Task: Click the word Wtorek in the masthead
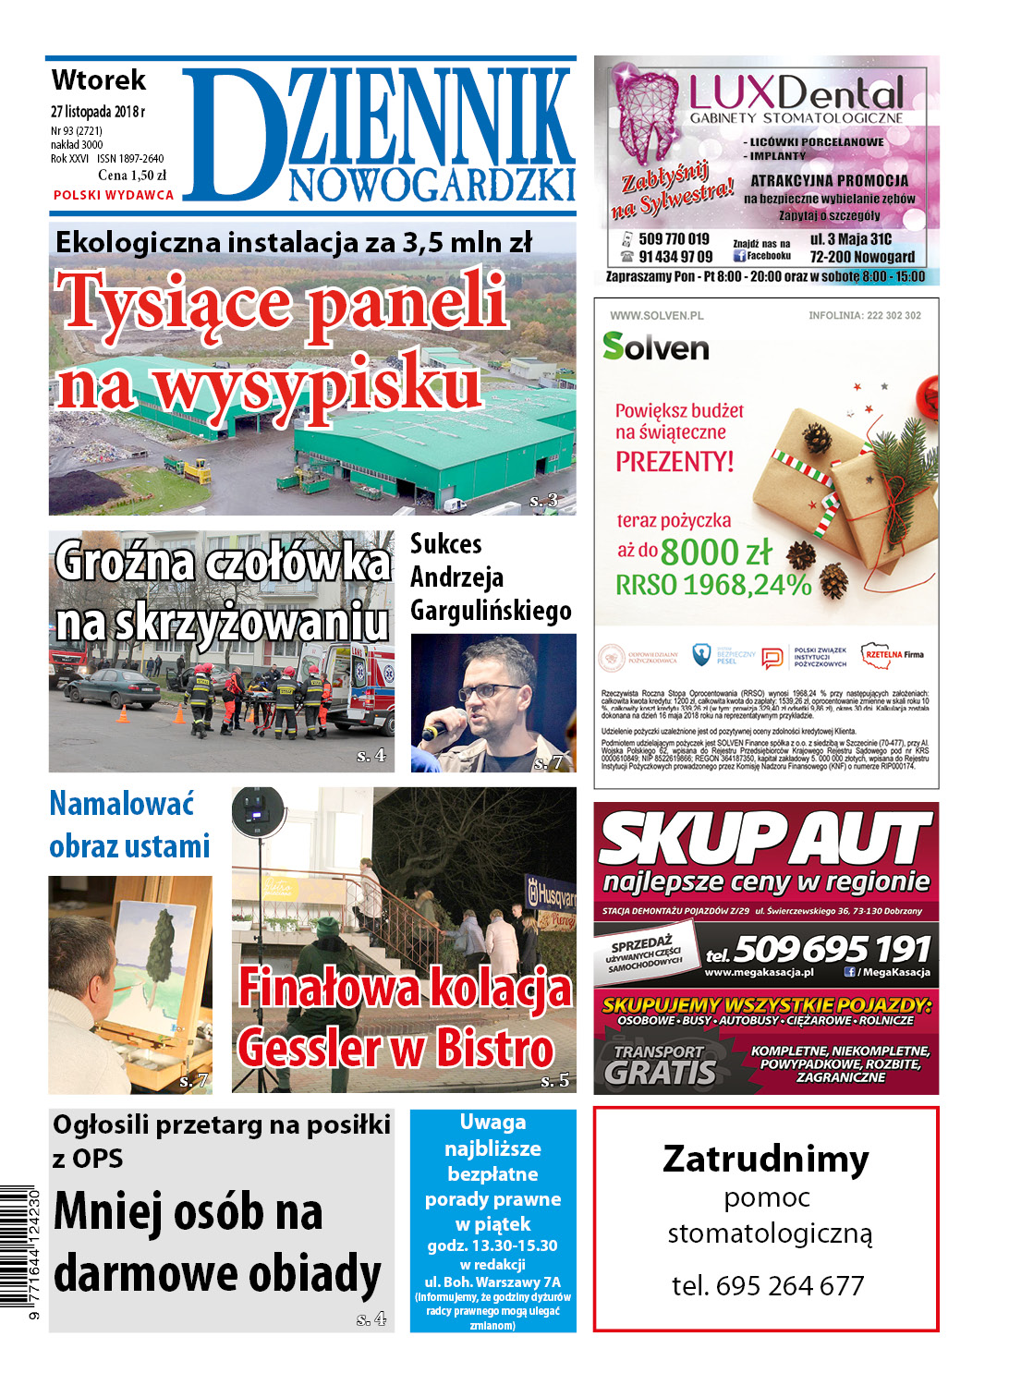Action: (99, 80)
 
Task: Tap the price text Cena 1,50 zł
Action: (132, 176)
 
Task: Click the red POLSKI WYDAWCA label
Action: (113, 195)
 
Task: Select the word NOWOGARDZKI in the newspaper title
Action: (432, 184)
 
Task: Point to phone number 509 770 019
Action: (674, 239)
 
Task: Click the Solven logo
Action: (655, 346)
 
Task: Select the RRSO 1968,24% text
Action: (713, 585)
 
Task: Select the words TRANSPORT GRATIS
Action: (660, 1063)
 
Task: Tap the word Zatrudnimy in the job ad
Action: (766, 1159)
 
